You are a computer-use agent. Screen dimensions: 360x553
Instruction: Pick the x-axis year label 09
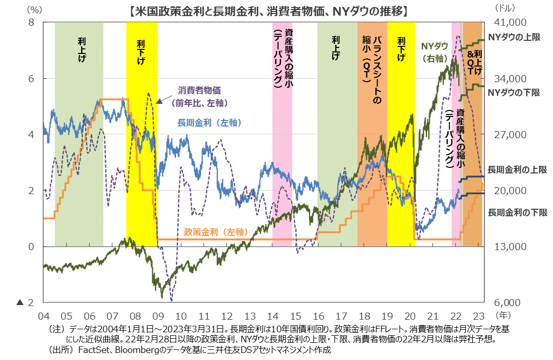point(158,316)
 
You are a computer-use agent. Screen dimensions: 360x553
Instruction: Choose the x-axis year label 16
point(318,316)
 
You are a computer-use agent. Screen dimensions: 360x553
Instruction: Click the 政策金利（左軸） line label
point(215,232)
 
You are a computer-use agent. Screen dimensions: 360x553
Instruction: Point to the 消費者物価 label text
point(200,91)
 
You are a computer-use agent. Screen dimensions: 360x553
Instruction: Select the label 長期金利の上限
point(517,170)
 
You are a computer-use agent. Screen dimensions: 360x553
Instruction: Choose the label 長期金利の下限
point(517,212)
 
